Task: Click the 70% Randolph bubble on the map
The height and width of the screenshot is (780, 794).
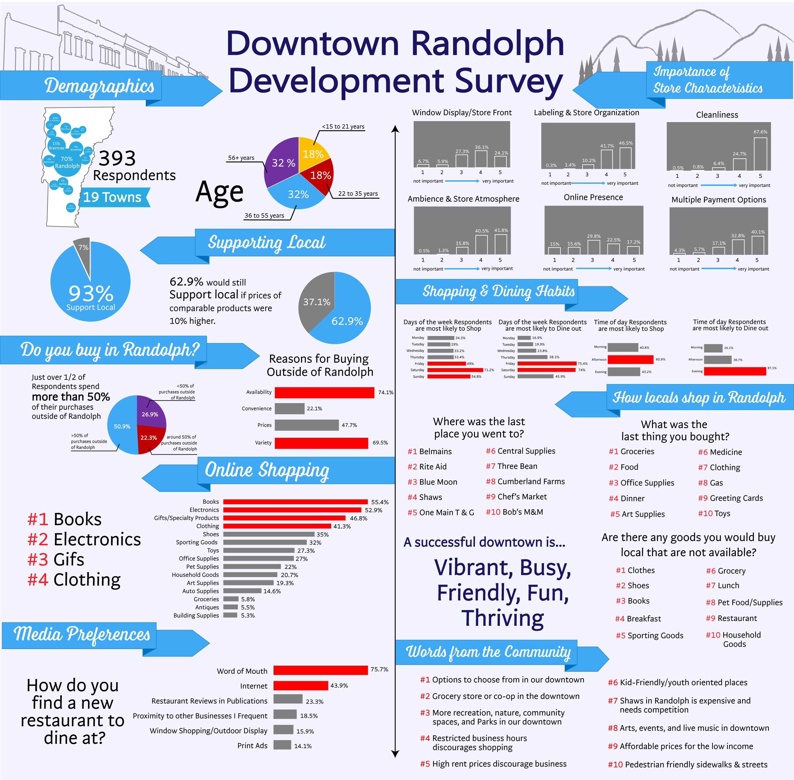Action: click(67, 162)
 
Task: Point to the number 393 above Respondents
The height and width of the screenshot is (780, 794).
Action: click(117, 158)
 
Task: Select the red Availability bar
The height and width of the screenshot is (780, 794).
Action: click(324, 392)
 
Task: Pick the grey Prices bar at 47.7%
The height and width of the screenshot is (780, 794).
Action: click(307, 425)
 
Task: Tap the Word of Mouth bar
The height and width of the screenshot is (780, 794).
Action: click(321, 670)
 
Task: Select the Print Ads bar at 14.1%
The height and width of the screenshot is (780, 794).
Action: click(282, 745)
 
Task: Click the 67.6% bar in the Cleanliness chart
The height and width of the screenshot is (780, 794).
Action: click(760, 154)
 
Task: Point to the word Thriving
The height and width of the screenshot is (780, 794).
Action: click(503, 618)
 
